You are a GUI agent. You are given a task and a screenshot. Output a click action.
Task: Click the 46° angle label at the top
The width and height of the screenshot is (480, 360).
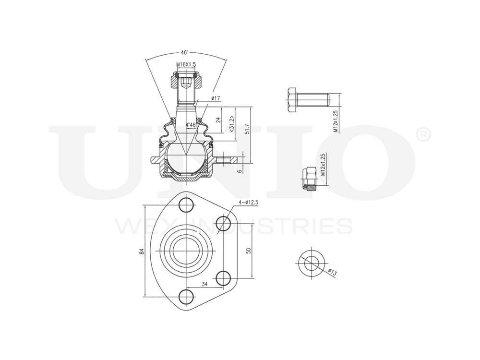[184, 52]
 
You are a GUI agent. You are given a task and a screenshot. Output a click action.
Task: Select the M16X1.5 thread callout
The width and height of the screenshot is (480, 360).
[186, 64]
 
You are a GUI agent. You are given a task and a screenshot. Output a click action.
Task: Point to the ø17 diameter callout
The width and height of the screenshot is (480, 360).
[215, 98]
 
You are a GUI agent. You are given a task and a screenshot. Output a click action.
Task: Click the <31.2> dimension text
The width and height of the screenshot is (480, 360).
[232, 123]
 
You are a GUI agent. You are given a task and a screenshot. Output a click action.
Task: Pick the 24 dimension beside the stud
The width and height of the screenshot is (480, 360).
[218, 120]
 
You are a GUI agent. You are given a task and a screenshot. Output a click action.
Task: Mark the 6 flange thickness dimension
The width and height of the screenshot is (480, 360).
[239, 170]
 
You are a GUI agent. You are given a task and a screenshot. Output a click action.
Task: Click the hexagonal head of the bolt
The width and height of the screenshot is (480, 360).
[293, 100]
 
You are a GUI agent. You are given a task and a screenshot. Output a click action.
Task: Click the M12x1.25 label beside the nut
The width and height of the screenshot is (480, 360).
[324, 165]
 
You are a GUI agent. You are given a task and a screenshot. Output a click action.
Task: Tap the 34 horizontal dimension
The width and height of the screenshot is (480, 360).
[204, 284]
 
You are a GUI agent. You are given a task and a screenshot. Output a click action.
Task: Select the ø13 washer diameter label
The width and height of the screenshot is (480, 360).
[332, 272]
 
